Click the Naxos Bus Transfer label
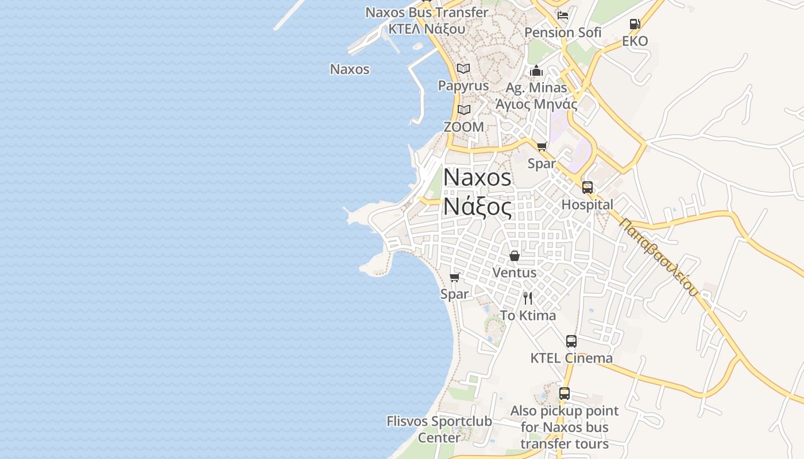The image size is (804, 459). (427, 12)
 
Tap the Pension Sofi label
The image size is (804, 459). (563, 33)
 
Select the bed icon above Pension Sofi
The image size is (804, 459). (563, 15)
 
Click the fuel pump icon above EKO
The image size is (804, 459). (635, 24)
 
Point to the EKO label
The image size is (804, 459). (635, 41)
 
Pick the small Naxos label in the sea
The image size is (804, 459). (350, 69)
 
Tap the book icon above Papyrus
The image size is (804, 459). (463, 69)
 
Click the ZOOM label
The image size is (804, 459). (463, 127)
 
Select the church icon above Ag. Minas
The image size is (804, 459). (536, 71)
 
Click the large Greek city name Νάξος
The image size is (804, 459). (477, 207)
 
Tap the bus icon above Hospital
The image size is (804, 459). (587, 188)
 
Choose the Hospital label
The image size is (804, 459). (587, 204)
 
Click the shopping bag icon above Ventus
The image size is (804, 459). (515, 256)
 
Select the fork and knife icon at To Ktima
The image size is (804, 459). (528, 298)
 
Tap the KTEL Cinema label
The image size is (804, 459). (571, 358)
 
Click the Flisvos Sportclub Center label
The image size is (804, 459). (439, 429)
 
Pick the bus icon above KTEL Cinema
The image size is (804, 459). (571, 341)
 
